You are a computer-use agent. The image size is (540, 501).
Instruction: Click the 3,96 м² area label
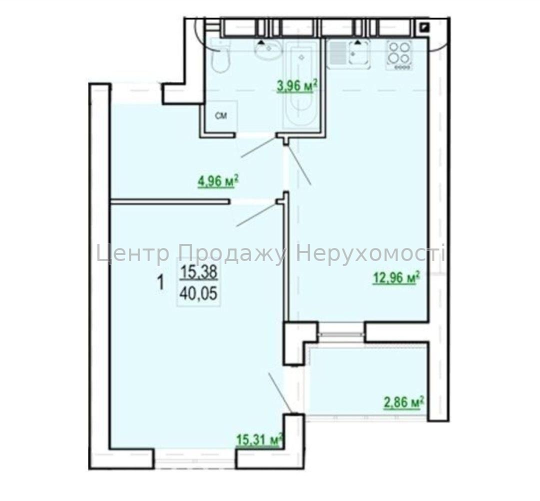[296, 86]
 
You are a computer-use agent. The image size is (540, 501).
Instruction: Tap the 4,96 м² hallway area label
[218, 181]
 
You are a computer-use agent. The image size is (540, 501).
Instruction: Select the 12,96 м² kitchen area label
[396, 277]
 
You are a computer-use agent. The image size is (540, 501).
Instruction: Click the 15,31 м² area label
[259, 439]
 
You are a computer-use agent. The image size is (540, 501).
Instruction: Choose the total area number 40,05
[198, 293]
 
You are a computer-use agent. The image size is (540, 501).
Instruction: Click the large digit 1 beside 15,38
[160, 283]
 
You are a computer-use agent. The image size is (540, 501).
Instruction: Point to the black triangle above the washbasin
[262, 42]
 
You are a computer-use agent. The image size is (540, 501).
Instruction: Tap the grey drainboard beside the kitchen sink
[338, 53]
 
